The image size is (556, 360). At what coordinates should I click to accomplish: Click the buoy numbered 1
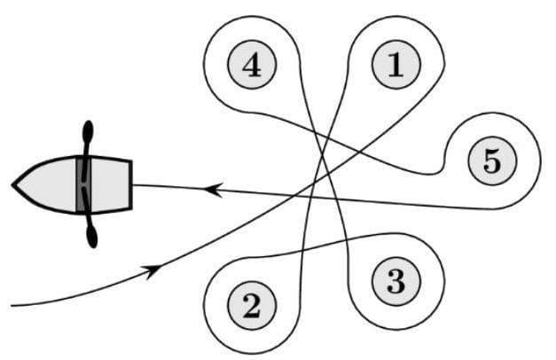395,65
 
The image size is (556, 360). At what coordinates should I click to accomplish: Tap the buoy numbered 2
251,306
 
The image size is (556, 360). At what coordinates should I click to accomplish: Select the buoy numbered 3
395,282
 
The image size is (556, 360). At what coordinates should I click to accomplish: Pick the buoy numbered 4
251,65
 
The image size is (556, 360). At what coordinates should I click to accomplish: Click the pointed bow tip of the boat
13,184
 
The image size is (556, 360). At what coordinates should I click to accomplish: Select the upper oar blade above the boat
88,133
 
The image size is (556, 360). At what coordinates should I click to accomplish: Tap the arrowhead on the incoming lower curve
154,268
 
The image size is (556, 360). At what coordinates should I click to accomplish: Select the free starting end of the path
12,306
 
